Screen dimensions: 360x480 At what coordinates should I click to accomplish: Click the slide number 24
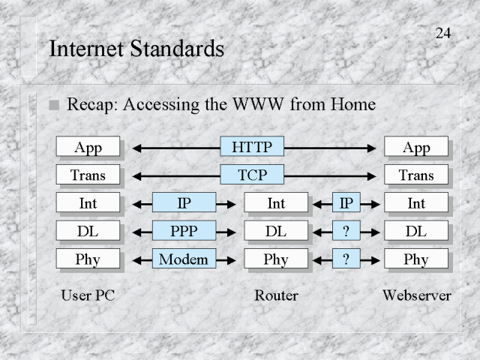[x=442, y=33]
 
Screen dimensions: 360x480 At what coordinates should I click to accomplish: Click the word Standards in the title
[x=182, y=49]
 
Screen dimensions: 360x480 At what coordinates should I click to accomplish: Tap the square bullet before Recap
[x=53, y=106]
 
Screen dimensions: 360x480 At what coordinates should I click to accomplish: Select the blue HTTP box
[x=252, y=147]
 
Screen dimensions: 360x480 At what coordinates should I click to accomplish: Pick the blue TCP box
[x=252, y=175]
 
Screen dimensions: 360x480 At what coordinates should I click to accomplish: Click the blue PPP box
[x=184, y=231]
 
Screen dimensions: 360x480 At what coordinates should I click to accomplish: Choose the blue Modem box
[x=184, y=259]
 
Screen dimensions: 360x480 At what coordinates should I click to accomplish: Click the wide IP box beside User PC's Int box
[x=184, y=202]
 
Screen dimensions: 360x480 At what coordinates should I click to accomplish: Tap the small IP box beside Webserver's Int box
[x=346, y=202]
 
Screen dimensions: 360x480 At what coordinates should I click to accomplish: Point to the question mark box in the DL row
[x=346, y=231]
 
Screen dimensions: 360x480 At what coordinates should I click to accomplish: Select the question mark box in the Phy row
[x=346, y=259]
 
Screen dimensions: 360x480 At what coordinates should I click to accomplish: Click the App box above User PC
[x=88, y=147]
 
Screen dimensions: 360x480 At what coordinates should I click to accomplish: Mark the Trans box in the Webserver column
[x=415, y=175]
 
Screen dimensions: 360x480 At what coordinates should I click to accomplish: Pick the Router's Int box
[x=276, y=202]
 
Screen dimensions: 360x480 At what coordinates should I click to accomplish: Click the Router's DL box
[x=276, y=231]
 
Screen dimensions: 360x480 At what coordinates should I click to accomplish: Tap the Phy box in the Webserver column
[x=415, y=259]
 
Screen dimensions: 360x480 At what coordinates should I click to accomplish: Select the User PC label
[x=88, y=295]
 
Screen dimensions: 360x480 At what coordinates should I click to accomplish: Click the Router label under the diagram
[x=276, y=295]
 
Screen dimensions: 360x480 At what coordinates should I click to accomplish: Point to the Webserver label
[x=416, y=295]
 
